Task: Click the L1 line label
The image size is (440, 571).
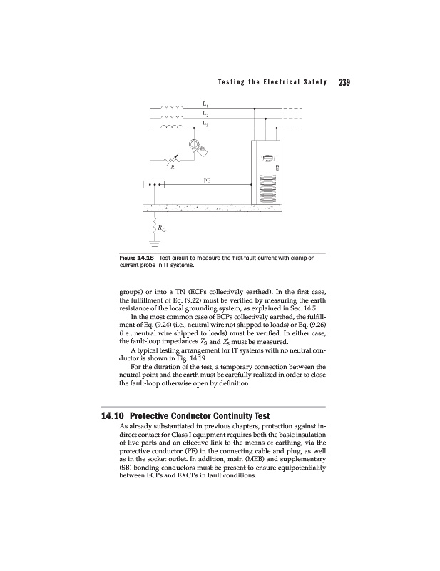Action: pyautogui.click(x=205, y=106)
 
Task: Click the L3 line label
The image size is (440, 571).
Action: pyautogui.click(x=205, y=125)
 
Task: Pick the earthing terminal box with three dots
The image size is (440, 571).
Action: pyautogui.click(x=155, y=185)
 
